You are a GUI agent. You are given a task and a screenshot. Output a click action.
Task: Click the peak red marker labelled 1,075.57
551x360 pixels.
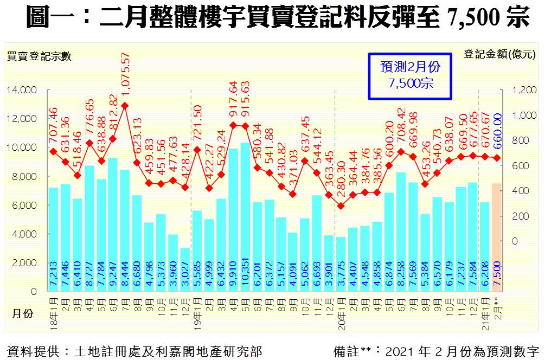[x=125, y=105]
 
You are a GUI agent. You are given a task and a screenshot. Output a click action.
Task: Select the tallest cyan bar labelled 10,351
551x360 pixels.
[x=245, y=217]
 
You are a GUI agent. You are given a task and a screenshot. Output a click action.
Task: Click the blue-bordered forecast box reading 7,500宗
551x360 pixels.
[x=410, y=75]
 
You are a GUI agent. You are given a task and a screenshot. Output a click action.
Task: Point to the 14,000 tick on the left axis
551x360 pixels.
[x=21, y=89]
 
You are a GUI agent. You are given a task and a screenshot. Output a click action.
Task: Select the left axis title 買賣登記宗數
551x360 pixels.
[x=39, y=55]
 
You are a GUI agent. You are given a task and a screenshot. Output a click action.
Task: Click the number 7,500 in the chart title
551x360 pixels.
[x=471, y=18]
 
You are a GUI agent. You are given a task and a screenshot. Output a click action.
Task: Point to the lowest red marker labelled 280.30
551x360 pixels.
[x=341, y=206]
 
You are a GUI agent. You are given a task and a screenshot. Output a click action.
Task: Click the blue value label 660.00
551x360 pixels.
[x=497, y=131]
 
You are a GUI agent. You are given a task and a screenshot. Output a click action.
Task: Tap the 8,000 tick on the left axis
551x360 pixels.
[x=24, y=176]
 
